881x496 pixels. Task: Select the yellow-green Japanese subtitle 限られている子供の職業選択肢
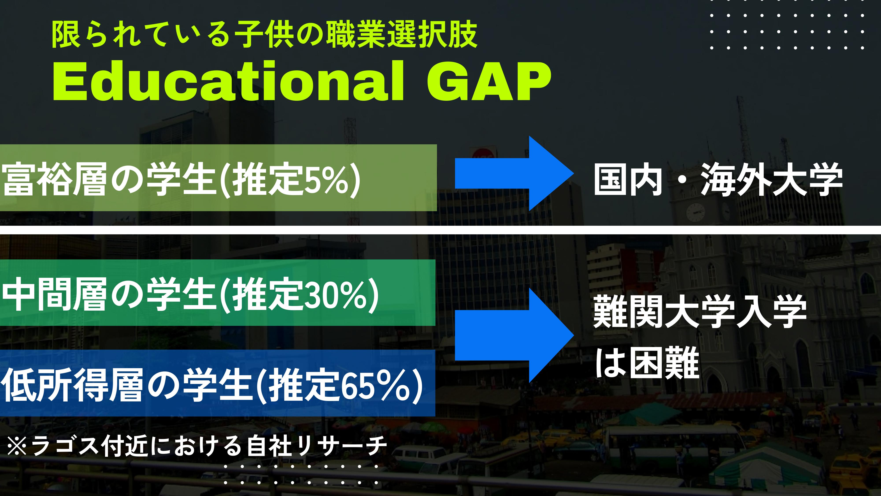(264, 35)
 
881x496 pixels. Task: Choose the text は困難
(647, 362)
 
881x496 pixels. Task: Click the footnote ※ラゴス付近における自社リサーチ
(197, 446)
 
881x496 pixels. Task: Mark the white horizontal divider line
(440, 230)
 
